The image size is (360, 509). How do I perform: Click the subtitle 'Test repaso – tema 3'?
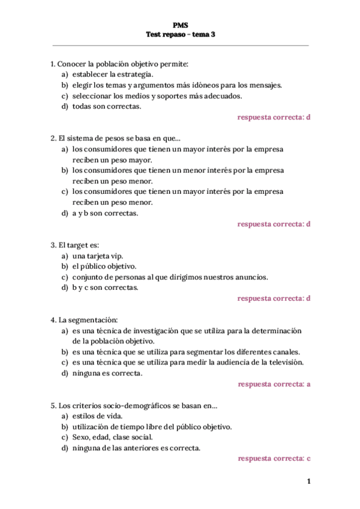pyautogui.click(x=180, y=35)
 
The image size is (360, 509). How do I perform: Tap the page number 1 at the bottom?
pyautogui.click(x=308, y=481)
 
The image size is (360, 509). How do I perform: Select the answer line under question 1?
pyautogui.click(x=274, y=117)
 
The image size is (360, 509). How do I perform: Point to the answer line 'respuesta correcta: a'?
pyautogui.click(x=274, y=384)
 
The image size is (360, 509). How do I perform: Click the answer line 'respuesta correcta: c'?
pyautogui.click(x=274, y=459)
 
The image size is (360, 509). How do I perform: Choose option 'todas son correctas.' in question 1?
pyautogui.click(x=107, y=106)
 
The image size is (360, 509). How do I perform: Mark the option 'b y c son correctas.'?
pyautogui.click(x=105, y=288)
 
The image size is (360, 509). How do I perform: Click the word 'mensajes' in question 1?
pyautogui.click(x=266, y=85)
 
